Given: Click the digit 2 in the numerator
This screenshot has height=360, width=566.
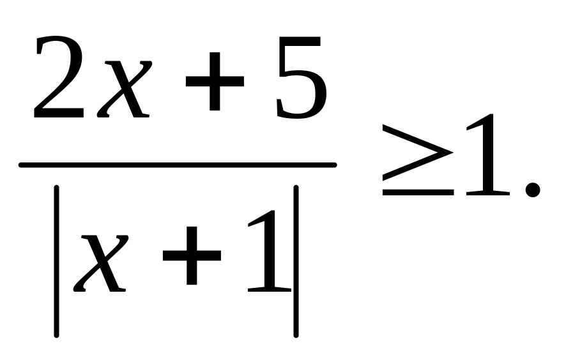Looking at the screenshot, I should (59, 80).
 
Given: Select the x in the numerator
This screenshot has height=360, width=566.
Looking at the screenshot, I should (125, 89).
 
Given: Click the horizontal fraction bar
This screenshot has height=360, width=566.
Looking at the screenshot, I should (178, 165).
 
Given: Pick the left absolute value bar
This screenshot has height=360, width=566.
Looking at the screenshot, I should (57, 260).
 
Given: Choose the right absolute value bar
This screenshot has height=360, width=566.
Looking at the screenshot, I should (296, 260).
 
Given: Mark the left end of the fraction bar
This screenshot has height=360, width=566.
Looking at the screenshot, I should (22, 165).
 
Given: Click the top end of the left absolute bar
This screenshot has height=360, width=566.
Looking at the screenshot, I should (57, 187).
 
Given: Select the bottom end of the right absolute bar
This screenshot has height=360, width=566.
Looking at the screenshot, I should (296, 334).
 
